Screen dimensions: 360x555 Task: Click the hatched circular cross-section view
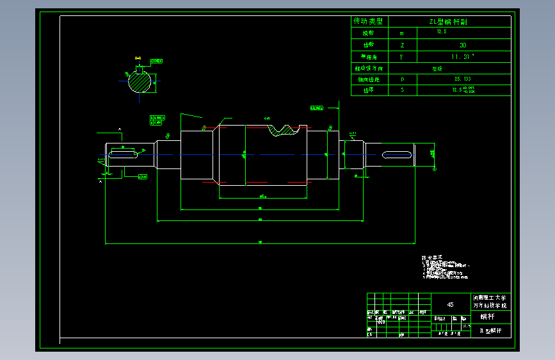pyautogui.click(x=141, y=82)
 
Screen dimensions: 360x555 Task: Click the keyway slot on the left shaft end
pyautogui.click(x=123, y=153)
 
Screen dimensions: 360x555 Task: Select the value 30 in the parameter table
pyautogui.click(x=463, y=45)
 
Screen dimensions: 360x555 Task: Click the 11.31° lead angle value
pyautogui.click(x=463, y=56)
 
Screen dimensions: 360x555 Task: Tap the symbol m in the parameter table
pyautogui.click(x=401, y=33)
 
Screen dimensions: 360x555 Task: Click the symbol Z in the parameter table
pyautogui.click(x=401, y=45)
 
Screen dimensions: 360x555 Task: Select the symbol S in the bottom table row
pyautogui.click(x=401, y=90)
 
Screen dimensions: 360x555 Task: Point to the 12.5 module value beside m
pyautogui.click(x=442, y=31)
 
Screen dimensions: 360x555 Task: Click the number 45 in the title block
pyautogui.click(x=450, y=305)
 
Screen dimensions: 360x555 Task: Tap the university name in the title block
pyautogui.click(x=490, y=302)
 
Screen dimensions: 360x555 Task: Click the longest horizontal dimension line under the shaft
pyautogui.click(x=259, y=243)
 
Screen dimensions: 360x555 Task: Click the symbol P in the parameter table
pyautogui.click(x=401, y=79)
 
